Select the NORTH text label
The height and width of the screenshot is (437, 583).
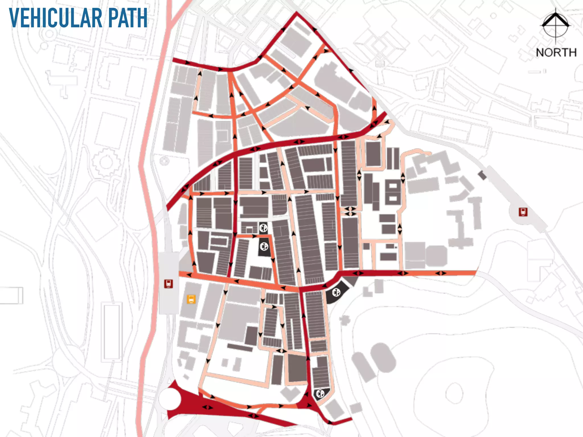[556, 53]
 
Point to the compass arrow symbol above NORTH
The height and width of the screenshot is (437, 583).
[555, 26]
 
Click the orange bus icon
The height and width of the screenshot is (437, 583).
[191, 299]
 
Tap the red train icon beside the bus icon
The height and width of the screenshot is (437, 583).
[169, 284]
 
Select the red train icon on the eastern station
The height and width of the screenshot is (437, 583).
[523, 212]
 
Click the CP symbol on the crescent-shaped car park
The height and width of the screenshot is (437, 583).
[336, 292]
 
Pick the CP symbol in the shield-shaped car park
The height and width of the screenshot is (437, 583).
[320, 393]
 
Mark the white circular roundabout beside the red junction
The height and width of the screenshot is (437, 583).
[169, 399]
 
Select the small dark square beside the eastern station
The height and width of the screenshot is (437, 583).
[482, 175]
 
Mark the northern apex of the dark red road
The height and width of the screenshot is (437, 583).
[297, 13]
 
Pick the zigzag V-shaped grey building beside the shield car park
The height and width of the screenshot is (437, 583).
[290, 394]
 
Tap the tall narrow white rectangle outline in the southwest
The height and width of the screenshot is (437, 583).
[112, 331]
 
